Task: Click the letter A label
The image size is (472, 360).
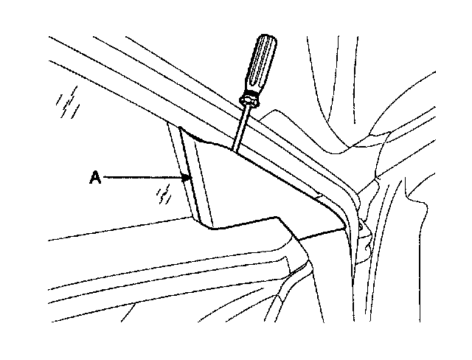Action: tap(94, 177)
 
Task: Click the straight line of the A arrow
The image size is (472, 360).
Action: tap(144, 177)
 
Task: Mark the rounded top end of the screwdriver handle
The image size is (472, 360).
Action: tap(270, 40)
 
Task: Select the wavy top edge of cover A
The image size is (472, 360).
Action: tap(221, 145)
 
